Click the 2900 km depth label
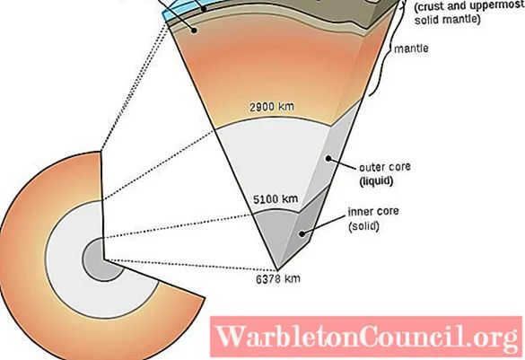coord(272,107)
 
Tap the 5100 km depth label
coord(276,199)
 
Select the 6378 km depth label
coord(278,279)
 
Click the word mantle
coord(411,48)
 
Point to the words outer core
coord(385,167)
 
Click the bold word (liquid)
coord(376,180)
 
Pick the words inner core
coord(373,212)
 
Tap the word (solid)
coord(364,226)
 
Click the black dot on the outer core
coord(328,158)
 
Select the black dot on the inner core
coord(302,233)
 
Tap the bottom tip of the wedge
coord(277,270)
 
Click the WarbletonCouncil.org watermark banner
coord(366,337)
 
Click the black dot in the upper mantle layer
coord(194,31)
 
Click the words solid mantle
coord(447,20)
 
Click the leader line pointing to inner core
coord(324,224)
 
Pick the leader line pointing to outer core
coord(343,162)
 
